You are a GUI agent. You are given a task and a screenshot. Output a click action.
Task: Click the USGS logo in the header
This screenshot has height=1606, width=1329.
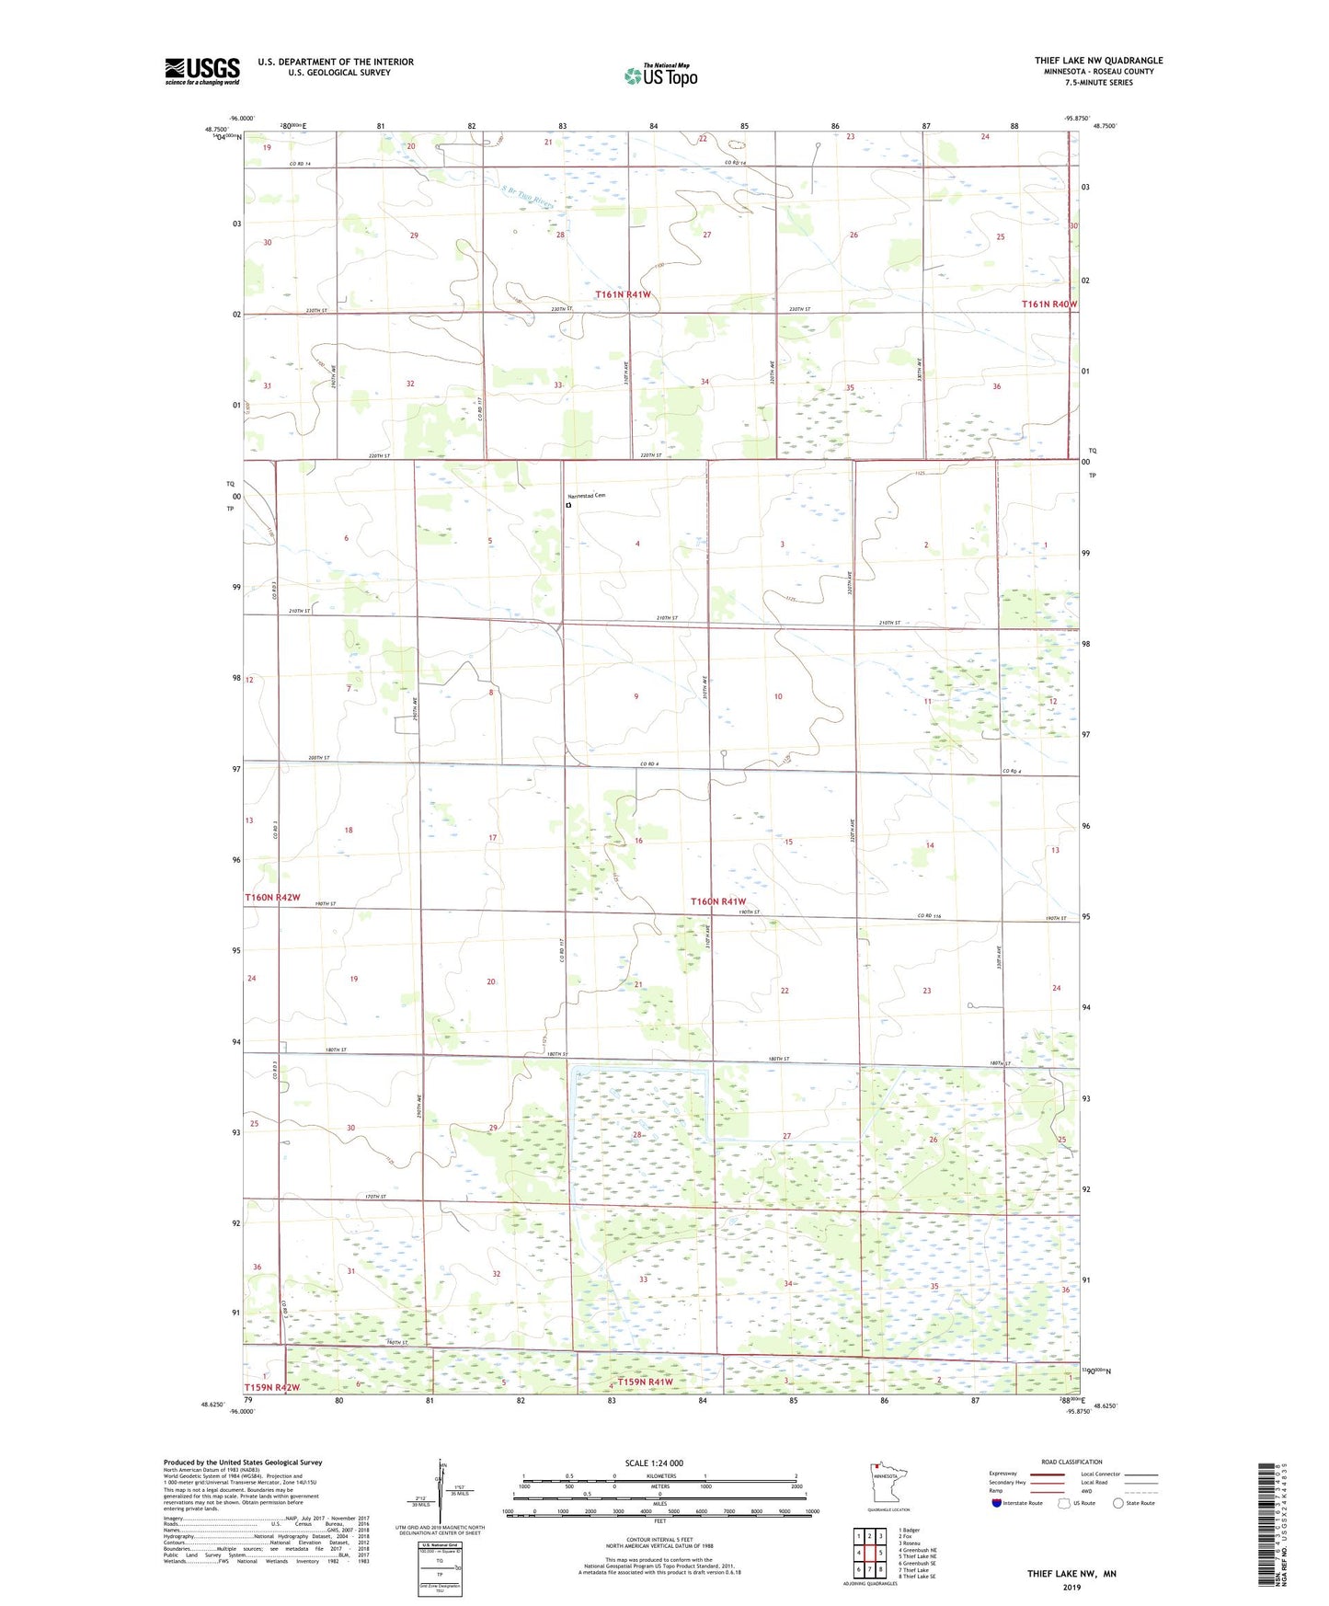click(x=202, y=71)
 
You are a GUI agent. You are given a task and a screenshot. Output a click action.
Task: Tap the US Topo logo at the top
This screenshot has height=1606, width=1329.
click(x=660, y=75)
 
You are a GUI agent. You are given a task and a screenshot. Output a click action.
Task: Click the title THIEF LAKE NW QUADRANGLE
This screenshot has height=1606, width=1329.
click(x=1098, y=61)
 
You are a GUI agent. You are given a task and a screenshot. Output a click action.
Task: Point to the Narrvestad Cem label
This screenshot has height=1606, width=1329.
click(x=587, y=496)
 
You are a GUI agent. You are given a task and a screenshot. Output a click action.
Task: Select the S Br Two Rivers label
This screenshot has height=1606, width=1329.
click(x=529, y=197)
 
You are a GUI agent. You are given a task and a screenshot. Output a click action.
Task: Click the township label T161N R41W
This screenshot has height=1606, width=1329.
click(x=623, y=294)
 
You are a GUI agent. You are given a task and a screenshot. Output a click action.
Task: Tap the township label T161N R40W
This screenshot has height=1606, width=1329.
click(x=1048, y=304)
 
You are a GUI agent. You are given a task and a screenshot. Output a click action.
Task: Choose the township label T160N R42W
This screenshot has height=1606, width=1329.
click(x=272, y=897)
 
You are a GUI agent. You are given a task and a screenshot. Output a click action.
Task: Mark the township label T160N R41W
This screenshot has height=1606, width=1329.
click(x=717, y=901)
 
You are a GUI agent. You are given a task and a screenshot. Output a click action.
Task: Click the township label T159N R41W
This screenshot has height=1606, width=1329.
click(x=645, y=1382)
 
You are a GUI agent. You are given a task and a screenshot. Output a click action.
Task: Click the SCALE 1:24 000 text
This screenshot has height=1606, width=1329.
click(x=654, y=1463)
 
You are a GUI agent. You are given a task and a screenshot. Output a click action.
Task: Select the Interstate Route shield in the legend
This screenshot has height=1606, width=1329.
click(x=997, y=1503)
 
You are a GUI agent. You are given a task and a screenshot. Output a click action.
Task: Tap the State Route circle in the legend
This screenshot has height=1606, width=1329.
click(x=1118, y=1503)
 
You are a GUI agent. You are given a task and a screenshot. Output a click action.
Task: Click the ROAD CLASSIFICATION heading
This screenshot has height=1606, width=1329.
click(x=1071, y=1462)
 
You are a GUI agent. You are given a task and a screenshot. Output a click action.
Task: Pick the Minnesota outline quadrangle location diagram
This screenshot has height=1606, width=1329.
click(x=887, y=1484)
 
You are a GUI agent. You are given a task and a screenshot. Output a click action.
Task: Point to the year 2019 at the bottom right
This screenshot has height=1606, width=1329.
click(x=1071, y=1587)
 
